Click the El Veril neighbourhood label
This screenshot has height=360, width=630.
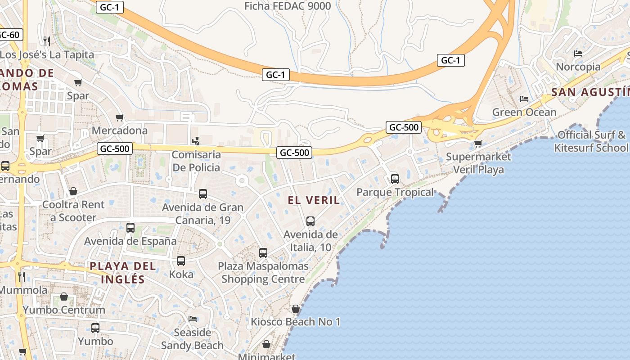[314, 200]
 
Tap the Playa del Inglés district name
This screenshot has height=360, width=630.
[123, 272]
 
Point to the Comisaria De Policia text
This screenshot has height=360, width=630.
[196, 161]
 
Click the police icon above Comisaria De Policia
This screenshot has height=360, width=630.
[196, 141]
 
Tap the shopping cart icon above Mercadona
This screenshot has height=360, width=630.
[120, 117]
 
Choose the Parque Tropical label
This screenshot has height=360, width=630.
[395, 193]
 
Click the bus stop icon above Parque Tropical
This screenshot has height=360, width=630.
[395, 179]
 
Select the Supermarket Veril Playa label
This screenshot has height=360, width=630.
[478, 163]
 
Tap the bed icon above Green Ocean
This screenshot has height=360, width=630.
[524, 99]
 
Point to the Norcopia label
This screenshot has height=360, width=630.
[578, 67]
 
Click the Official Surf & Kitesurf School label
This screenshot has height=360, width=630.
[591, 141]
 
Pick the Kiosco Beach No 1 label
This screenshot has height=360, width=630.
[295, 322]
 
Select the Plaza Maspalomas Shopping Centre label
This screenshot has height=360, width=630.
[263, 273]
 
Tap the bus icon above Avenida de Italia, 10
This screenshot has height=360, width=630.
[310, 221]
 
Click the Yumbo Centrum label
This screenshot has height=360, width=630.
[64, 310]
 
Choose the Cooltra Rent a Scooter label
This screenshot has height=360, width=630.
[73, 211]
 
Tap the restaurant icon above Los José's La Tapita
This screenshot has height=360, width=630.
[47, 41]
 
